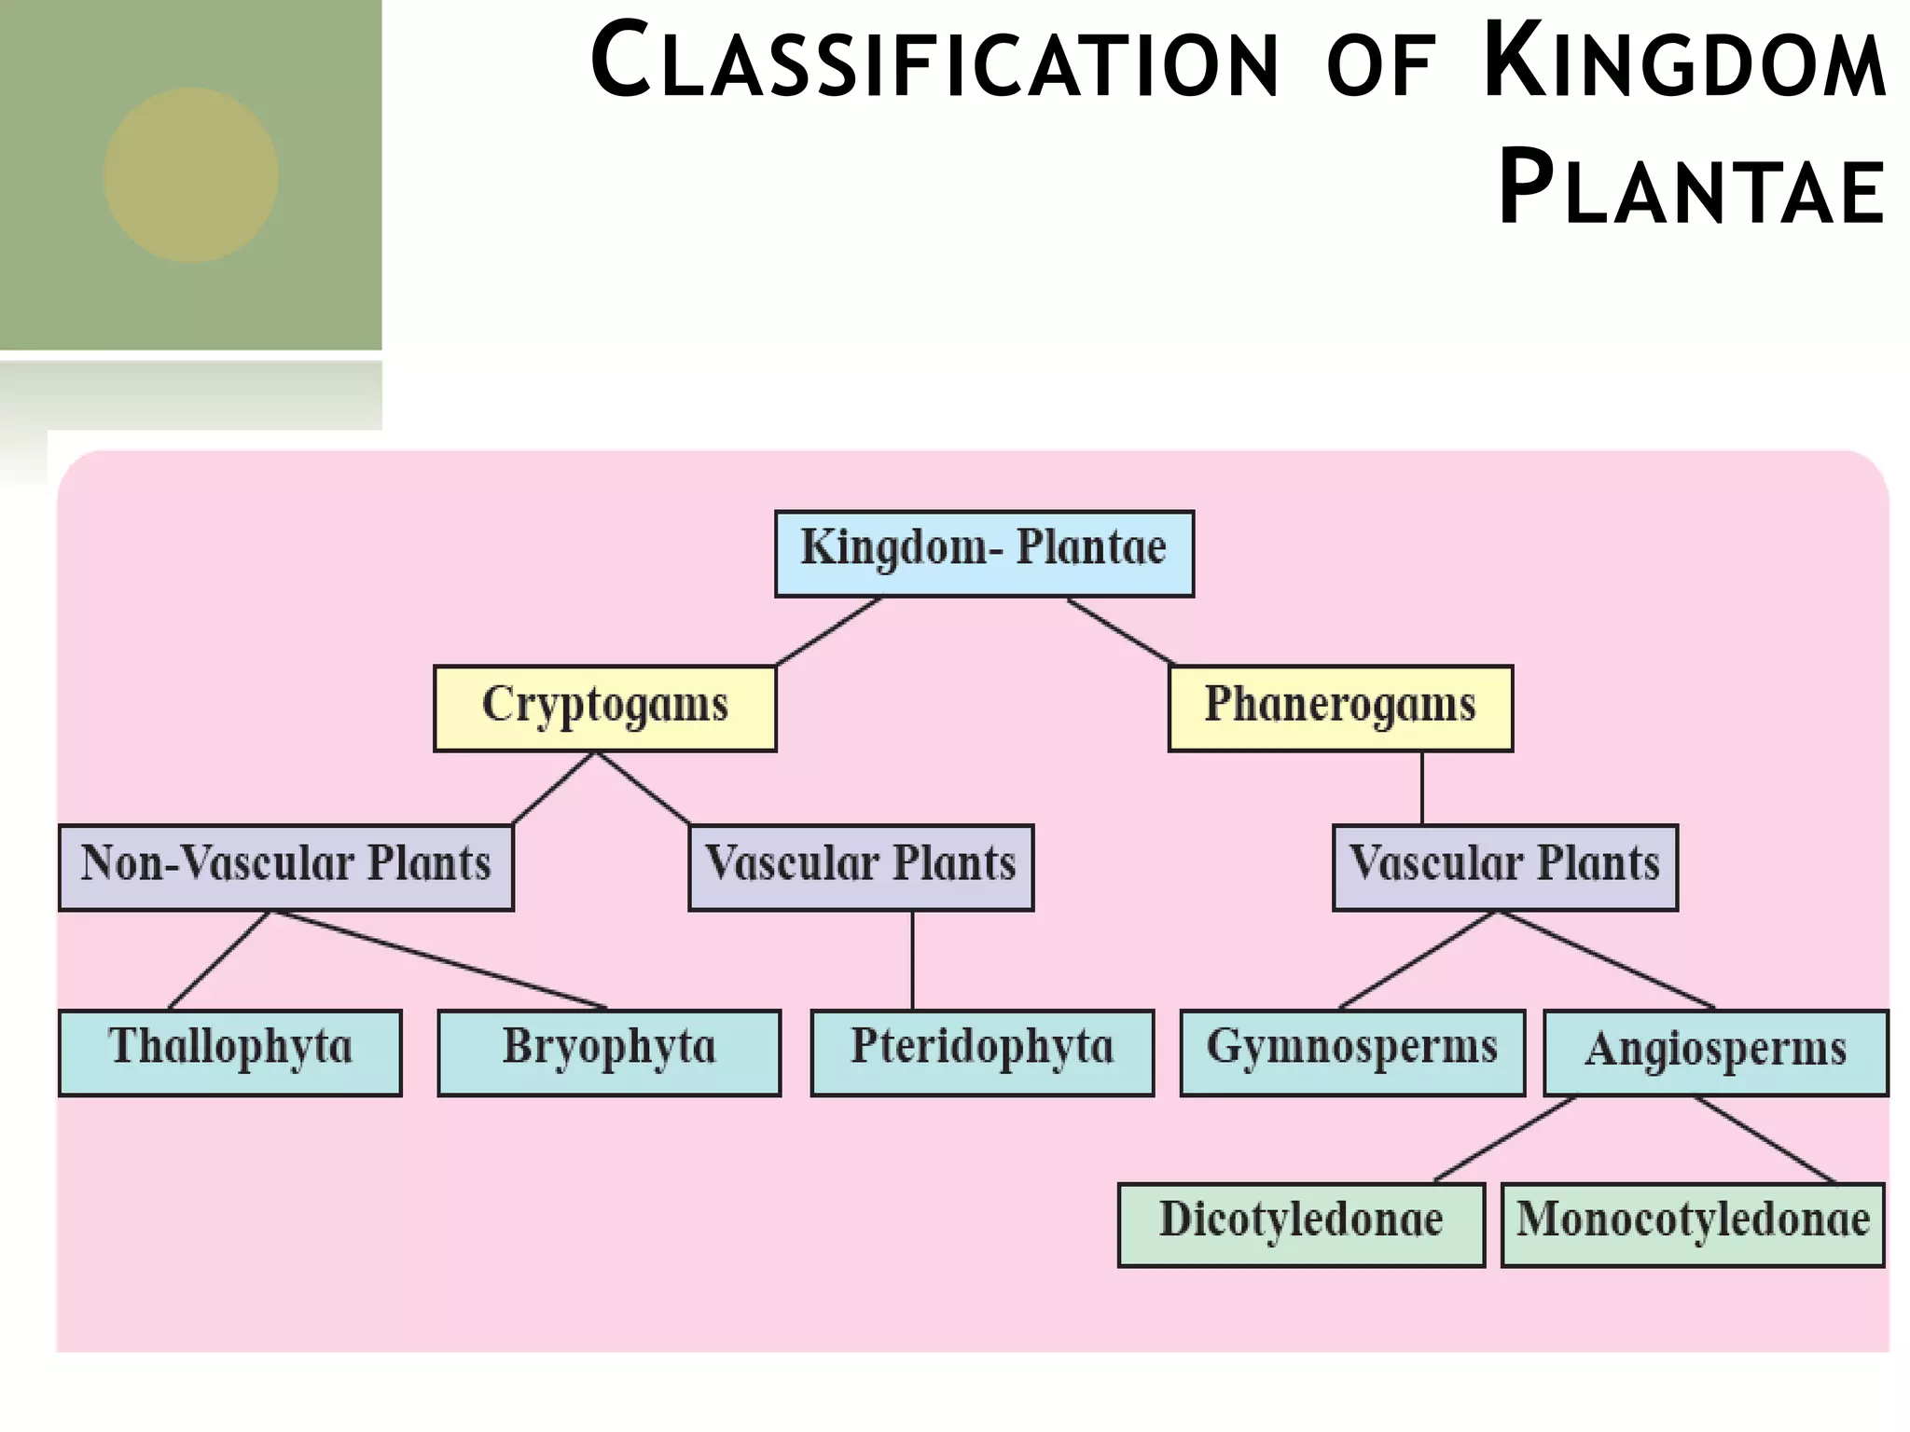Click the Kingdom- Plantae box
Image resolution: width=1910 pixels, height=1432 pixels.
coord(984,553)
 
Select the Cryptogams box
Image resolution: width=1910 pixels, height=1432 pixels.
coord(604,708)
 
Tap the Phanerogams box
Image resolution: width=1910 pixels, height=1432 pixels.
coord(1340,708)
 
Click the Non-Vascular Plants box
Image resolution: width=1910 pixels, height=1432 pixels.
coord(285,866)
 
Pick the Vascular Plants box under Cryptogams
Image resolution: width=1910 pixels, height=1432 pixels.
coord(860,866)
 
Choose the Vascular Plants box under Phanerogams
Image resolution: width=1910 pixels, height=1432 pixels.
coord(1504,866)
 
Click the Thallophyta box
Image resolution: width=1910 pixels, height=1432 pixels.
coord(230,1052)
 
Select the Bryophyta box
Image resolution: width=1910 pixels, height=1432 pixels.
coord(609,1052)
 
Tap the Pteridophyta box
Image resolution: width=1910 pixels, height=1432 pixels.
coord(982,1052)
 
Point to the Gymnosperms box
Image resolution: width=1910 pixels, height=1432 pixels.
coord(1352,1052)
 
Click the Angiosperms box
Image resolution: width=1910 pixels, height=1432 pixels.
coord(1715,1052)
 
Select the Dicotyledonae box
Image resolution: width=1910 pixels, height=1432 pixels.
coord(1301,1224)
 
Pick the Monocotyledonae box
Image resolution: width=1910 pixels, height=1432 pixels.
coord(1692,1224)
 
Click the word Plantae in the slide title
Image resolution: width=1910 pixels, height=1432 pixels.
coord(1692,191)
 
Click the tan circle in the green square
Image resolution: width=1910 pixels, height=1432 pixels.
coord(190,174)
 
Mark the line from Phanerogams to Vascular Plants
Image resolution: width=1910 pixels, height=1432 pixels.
coord(1422,788)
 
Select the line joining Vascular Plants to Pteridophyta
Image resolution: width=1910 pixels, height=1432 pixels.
coord(912,960)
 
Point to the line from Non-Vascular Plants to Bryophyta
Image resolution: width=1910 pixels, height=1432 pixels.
coord(438,960)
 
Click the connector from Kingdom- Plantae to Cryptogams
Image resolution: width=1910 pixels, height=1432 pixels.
coord(828,631)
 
